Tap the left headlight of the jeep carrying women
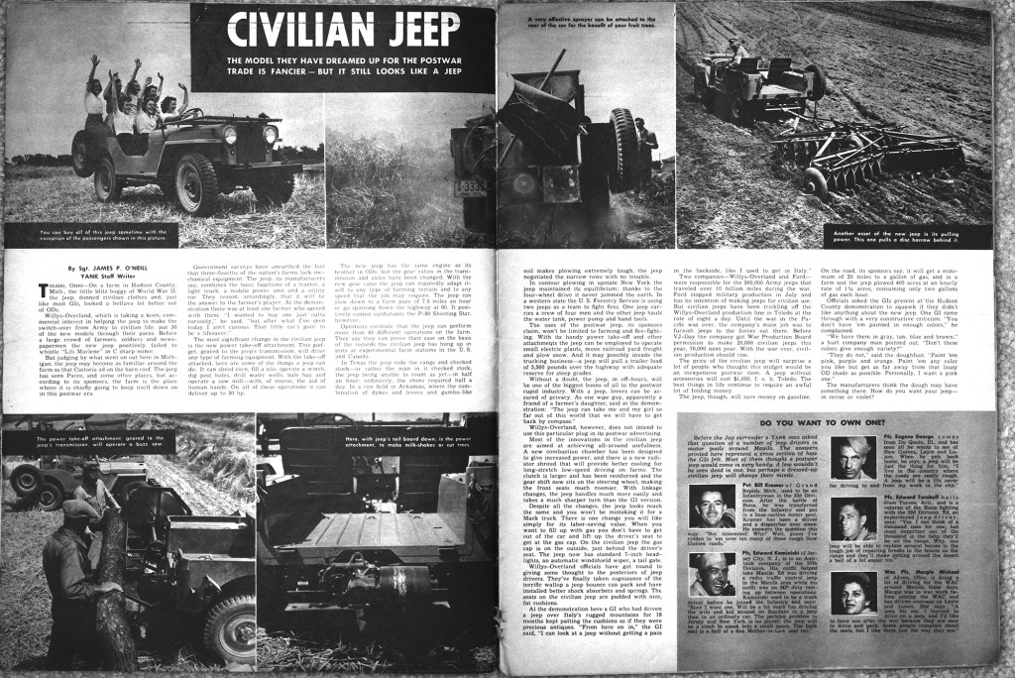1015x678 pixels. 230,134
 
